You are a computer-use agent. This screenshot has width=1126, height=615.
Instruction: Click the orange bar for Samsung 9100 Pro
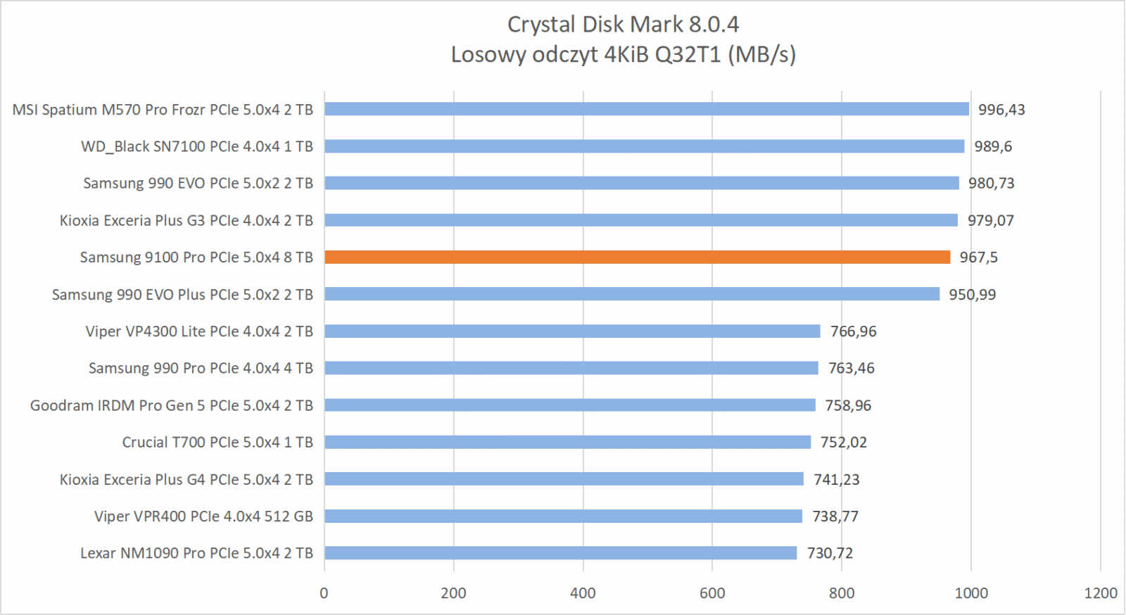tap(637, 258)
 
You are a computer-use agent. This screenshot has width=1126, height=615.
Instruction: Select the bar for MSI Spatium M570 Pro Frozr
tap(646, 109)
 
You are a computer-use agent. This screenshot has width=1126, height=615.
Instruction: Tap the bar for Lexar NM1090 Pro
tap(560, 553)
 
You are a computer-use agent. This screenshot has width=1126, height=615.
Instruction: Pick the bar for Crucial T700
tap(567, 442)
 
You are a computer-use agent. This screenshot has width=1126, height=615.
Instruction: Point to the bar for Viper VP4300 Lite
tap(572, 331)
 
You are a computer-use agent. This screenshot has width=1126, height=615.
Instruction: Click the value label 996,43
tap(1001, 110)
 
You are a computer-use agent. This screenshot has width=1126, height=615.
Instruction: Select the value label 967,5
tap(978, 258)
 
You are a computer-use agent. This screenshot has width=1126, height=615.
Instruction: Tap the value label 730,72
tap(830, 553)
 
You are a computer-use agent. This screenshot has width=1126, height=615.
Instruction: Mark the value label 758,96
tap(848, 405)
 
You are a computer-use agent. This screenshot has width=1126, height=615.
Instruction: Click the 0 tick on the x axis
tap(324, 593)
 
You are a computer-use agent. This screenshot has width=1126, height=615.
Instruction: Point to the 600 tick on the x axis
tap(712, 593)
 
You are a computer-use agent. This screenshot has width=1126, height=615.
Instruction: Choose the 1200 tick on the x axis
tap(1101, 593)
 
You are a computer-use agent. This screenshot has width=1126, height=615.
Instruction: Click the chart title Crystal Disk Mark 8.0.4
tap(623, 25)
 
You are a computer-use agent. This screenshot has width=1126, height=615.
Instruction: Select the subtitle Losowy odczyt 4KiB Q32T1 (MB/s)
tap(623, 55)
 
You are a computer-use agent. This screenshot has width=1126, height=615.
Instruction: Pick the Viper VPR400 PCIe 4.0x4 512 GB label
tap(203, 516)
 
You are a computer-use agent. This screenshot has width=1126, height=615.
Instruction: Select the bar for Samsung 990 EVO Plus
tap(631, 294)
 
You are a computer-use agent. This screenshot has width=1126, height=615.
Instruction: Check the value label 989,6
tap(993, 146)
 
